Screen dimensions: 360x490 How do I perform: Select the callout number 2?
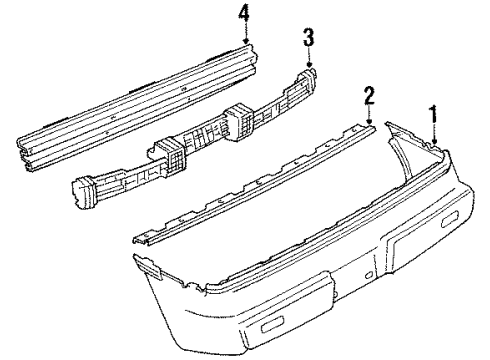pyautogui.click(x=368, y=96)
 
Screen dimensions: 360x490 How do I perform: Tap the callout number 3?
pyautogui.click(x=309, y=38)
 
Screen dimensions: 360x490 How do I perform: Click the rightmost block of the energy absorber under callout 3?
pyautogui.click(x=304, y=79)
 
